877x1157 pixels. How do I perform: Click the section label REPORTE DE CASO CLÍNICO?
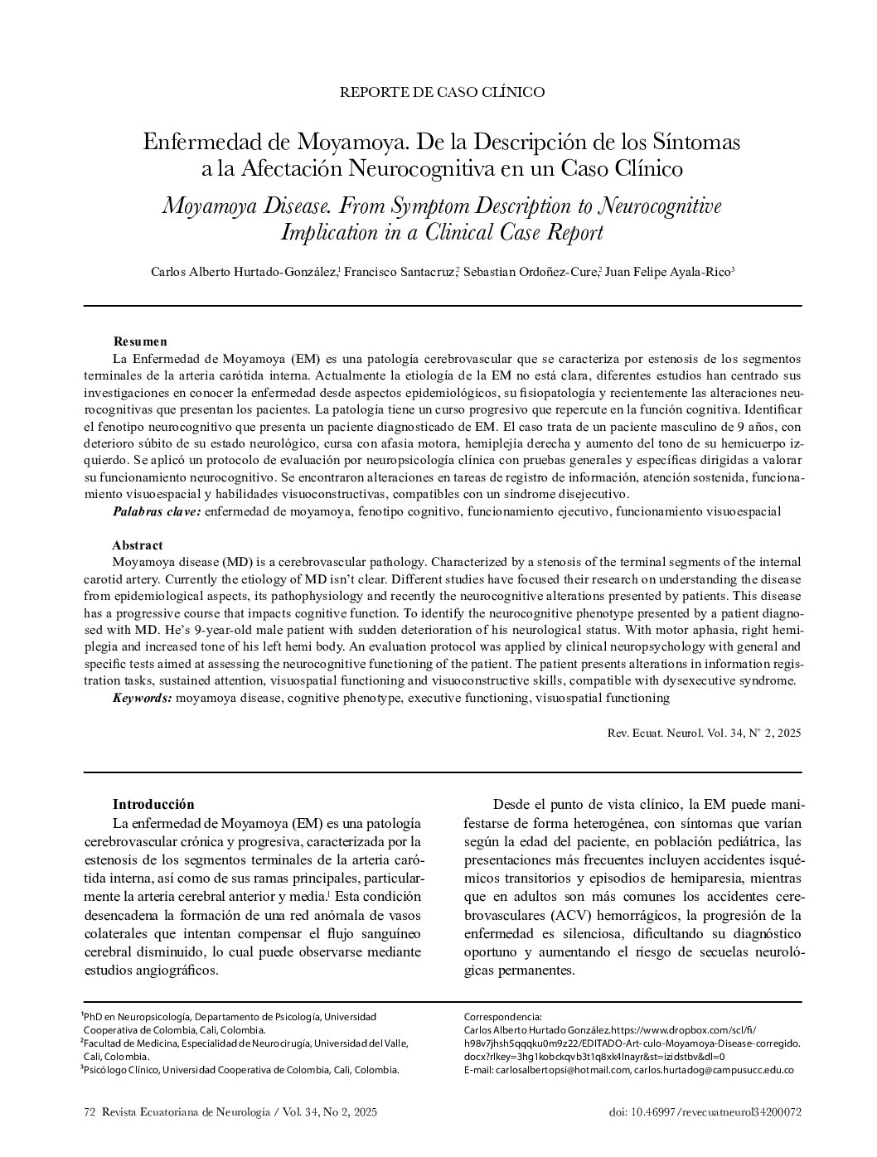pos(442,92)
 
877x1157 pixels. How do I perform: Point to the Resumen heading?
pos(140,341)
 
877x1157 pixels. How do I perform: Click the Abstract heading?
pos(138,545)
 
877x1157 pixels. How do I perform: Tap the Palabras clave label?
pos(157,512)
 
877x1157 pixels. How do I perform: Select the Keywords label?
pos(143,698)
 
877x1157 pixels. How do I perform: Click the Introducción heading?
pos(153,804)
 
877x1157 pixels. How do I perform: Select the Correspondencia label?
pos(503,1016)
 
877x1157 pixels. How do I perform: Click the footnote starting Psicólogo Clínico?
pos(240,1070)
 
